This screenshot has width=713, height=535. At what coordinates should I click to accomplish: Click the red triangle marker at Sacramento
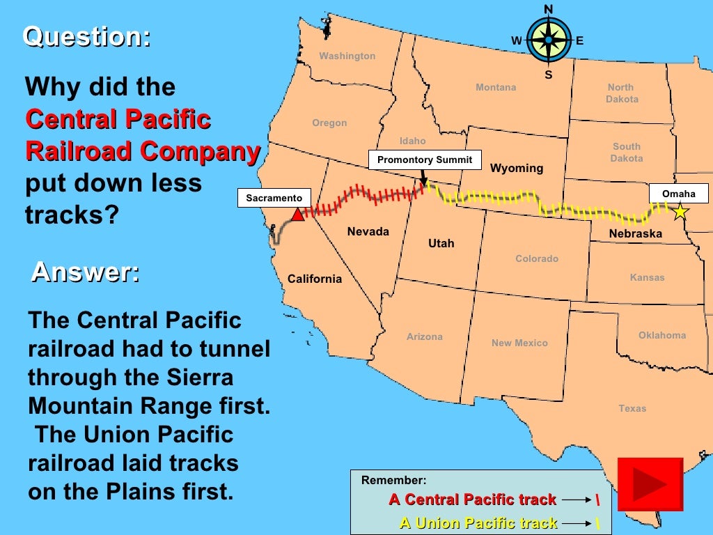click(x=297, y=215)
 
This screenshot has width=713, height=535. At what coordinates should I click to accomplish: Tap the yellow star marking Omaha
click(x=680, y=212)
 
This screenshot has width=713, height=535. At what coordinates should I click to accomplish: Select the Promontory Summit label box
click(x=425, y=160)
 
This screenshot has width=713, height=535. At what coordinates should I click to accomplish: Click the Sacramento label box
click(x=274, y=199)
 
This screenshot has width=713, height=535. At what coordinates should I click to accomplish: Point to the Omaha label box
click(x=678, y=194)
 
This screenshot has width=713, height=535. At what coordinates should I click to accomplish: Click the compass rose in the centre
click(x=548, y=40)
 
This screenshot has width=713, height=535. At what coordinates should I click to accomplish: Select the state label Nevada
click(x=368, y=232)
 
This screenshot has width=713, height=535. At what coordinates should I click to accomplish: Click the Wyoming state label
click(x=517, y=169)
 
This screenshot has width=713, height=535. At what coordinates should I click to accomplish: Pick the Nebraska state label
click(x=635, y=234)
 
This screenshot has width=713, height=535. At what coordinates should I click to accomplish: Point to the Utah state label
click(x=441, y=244)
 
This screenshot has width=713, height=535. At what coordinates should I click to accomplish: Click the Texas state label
click(x=632, y=409)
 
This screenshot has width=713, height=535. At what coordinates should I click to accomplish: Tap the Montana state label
click(x=496, y=88)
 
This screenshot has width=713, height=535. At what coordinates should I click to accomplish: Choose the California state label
click(x=315, y=279)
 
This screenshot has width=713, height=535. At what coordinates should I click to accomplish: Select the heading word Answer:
click(x=85, y=272)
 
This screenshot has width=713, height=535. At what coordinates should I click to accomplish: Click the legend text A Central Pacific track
click(x=473, y=499)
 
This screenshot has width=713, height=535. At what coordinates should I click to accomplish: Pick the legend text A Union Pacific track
click(x=478, y=523)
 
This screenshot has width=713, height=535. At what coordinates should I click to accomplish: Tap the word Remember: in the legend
click(x=393, y=481)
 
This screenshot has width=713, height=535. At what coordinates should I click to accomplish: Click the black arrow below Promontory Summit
click(x=423, y=178)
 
